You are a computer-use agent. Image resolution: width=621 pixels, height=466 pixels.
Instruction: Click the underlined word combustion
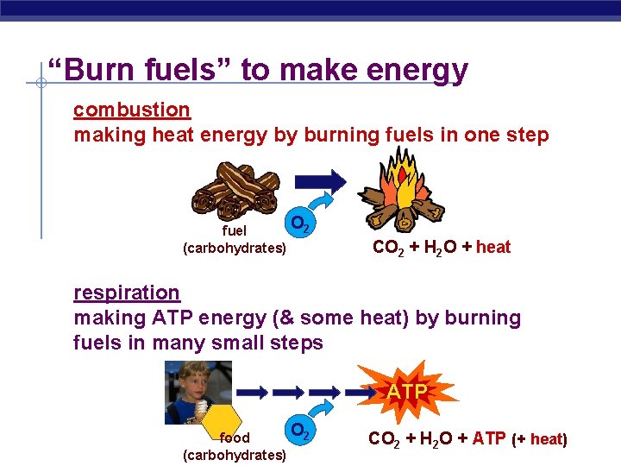click(131, 110)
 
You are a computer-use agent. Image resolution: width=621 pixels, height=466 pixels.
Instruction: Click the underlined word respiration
click(127, 293)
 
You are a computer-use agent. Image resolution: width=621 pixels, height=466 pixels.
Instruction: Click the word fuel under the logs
click(235, 230)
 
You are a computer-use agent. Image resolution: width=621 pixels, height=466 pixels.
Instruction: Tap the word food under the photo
click(235, 438)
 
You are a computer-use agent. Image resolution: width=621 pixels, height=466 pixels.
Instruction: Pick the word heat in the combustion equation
click(493, 248)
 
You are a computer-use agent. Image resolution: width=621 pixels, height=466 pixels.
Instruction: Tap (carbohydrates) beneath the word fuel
click(235, 249)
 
